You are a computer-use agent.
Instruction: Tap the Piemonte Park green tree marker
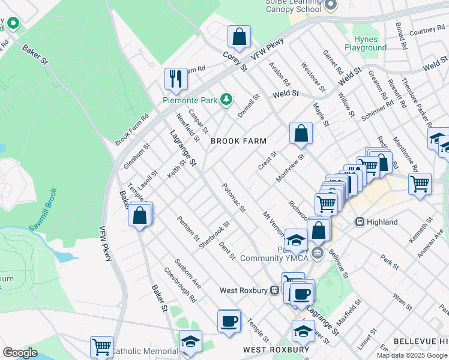click(x=226, y=99)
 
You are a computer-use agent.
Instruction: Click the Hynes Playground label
click(x=366, y=43)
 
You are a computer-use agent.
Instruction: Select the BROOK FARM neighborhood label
click(x=238, y=141)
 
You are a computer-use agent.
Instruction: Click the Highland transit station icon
click(x=360, y=222)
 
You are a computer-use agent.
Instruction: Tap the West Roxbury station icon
click(x=275, y=290)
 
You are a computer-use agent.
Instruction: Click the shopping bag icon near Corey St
click(x=240, y=37)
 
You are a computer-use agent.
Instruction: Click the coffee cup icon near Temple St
click(x=228, y=321)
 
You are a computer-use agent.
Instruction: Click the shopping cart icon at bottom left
click(x=101, y=346)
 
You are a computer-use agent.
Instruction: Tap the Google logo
click(x=20, y=353)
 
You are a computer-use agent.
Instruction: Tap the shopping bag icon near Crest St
click(x=301, y=133)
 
